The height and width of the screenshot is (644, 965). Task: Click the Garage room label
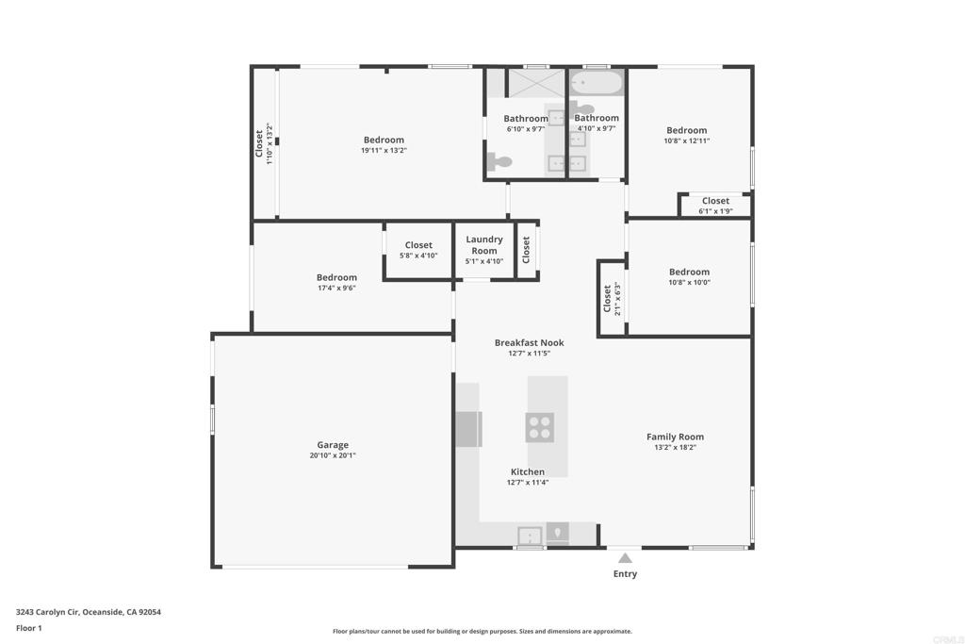[333, 445]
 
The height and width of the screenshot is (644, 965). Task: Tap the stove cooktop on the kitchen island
[540, 427]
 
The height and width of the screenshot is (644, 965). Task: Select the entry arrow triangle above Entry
[625, 558]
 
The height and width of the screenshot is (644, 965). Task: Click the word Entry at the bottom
[625, 573]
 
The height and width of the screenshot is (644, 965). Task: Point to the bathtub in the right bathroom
[597, 82]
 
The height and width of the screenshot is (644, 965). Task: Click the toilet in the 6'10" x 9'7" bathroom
[499, 162]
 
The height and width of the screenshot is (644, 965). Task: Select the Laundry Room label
[484, 245]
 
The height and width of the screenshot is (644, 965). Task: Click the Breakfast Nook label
[529, 342]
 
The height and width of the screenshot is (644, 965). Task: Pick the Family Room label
[675, 437]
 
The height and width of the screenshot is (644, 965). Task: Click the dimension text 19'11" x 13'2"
[384, 151]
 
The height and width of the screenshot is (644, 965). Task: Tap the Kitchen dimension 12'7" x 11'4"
[528, 483]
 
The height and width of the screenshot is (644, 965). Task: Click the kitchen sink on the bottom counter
[530, 536]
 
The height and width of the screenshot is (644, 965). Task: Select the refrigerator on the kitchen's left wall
[468, 428]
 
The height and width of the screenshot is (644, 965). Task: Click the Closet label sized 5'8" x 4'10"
[418, 245]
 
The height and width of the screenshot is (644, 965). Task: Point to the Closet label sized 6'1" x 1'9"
[715, 201]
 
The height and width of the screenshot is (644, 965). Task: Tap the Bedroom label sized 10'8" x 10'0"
[689, 272]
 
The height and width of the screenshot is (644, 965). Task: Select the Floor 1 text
[30, 628]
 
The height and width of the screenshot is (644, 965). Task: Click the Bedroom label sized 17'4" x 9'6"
[336, 277]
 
